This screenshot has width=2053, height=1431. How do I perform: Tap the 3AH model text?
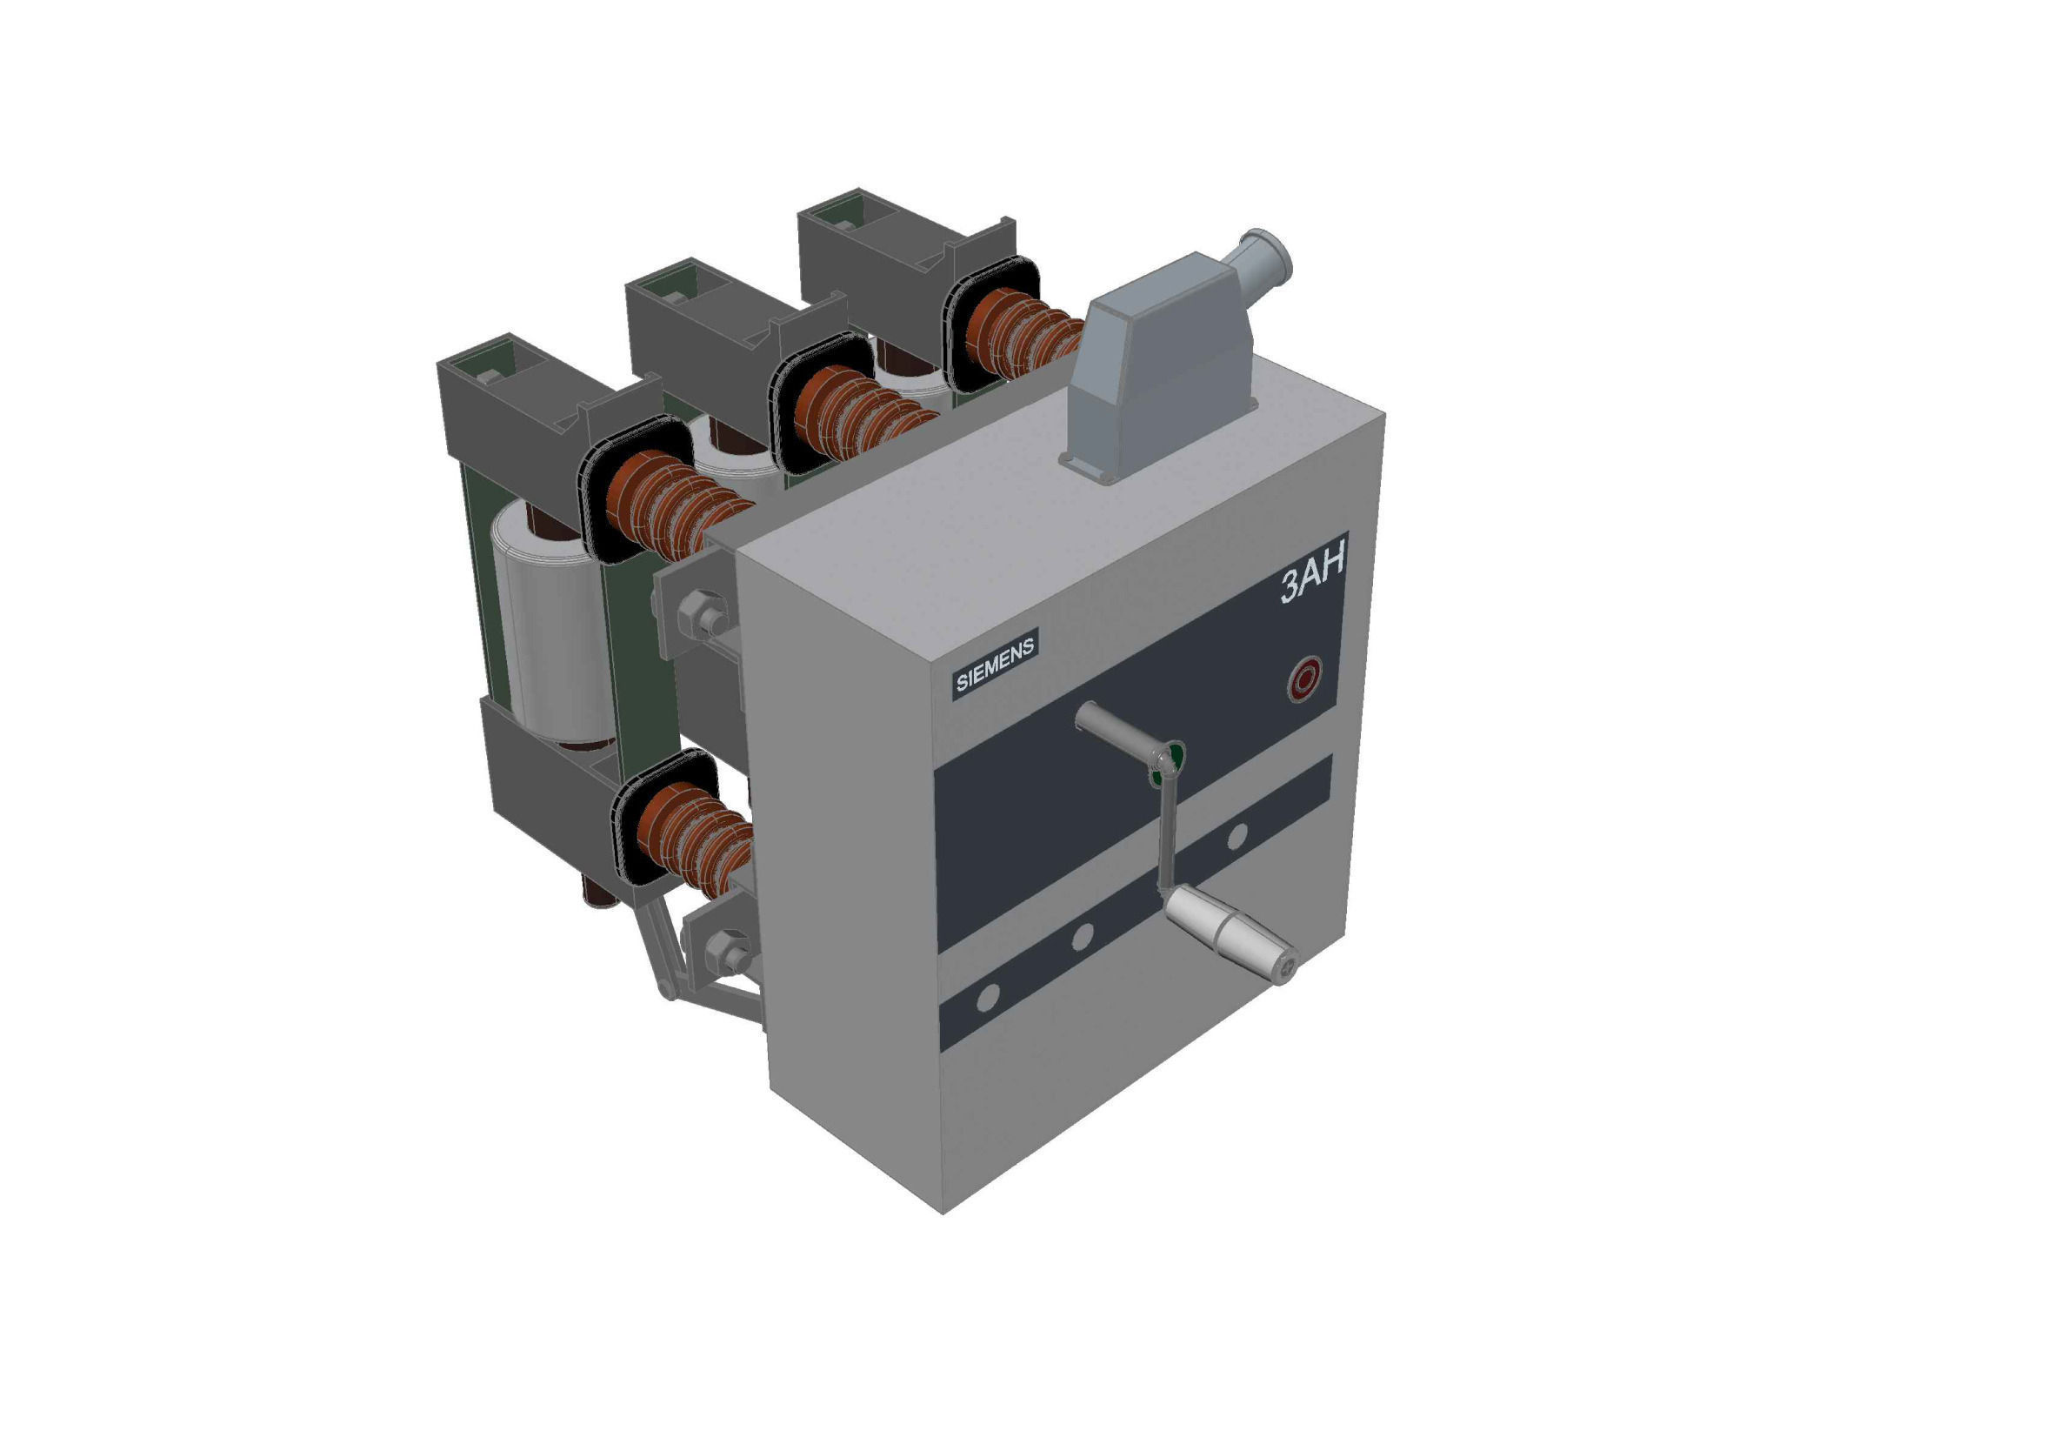1312,582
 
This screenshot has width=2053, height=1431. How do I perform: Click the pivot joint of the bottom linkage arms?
666,989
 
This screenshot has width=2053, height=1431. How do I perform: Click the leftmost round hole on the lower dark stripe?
987,998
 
